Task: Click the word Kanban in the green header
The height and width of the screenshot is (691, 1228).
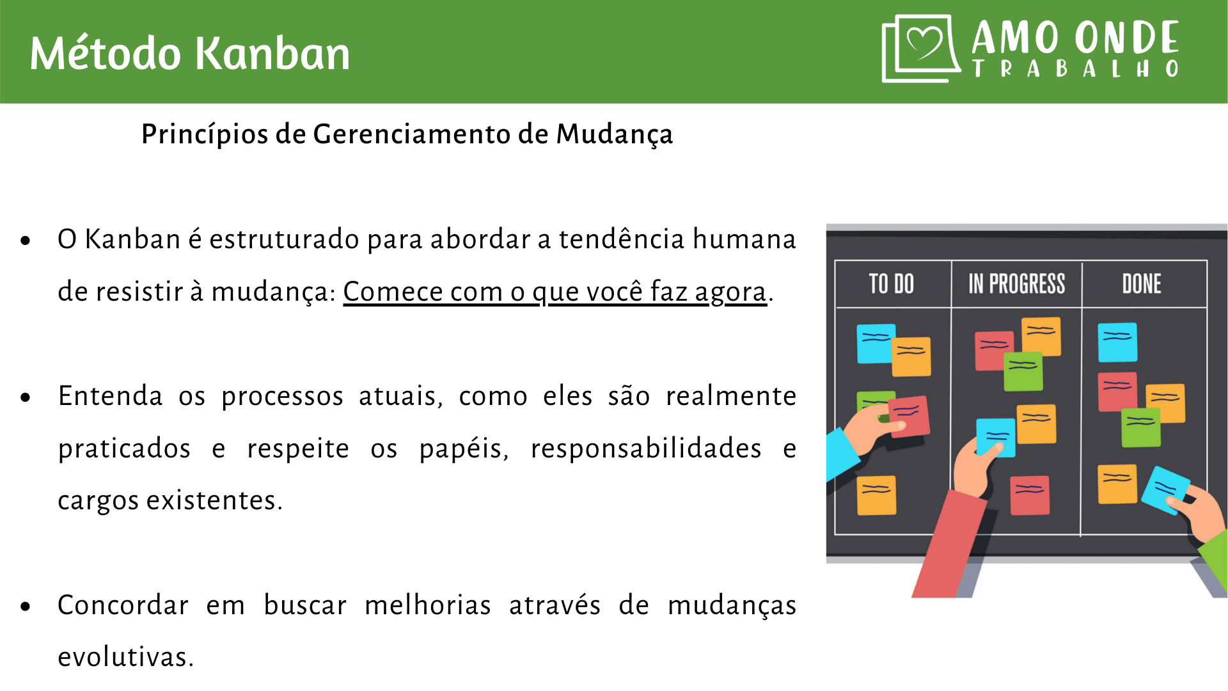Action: click(x=272, y=53)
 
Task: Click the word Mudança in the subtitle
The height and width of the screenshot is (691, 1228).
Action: click(x=614, y=134)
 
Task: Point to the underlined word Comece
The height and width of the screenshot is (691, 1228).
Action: click(x=393, y=292)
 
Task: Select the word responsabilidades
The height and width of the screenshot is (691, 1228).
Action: click(x=646, y=449)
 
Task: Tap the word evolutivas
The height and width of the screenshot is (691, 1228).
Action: click(x=125, y=657)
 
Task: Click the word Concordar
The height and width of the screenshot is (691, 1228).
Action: click(x=123, y=605)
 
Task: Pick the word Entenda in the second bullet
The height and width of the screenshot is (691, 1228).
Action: click(x=110, y=396)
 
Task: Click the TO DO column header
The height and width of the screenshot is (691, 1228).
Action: click(x=892, y=284)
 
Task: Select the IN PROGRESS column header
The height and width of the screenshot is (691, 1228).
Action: click(x=1016, y=284)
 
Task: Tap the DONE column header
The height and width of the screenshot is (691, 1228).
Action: click(x=1142, y=284)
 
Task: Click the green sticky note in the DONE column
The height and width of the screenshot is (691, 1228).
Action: click(x=1141, y=427)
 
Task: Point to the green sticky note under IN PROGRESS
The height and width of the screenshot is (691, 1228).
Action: click(x=1023, y=372)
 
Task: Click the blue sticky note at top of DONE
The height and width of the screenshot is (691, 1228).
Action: click(x=1117, y=342)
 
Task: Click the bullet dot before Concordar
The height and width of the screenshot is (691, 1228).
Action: click(x=26, y=607)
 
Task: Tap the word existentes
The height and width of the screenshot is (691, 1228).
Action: click(x=215, y=500)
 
